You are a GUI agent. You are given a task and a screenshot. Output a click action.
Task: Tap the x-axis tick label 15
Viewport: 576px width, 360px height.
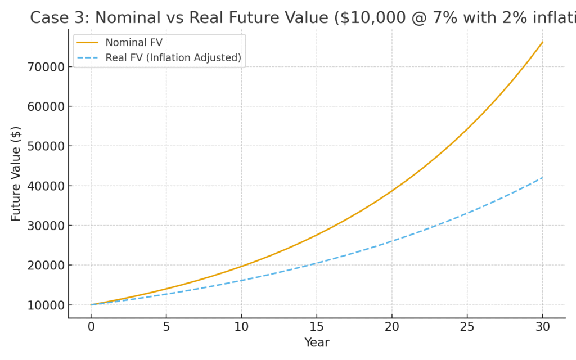[317, 326]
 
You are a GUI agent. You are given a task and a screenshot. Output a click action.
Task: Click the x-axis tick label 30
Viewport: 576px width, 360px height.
[542, 326]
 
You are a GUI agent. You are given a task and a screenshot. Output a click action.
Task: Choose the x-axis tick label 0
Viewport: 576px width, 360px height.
[91, 326]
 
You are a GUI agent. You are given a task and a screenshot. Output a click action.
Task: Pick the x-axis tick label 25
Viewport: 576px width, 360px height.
[467, 326]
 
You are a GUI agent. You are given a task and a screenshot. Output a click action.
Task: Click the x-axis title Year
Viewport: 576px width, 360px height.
[317, 343]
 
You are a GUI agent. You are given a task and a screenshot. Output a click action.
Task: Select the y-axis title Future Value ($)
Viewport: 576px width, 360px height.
[16, 173]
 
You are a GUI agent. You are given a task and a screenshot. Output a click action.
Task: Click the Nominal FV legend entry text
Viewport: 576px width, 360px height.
[129, 43]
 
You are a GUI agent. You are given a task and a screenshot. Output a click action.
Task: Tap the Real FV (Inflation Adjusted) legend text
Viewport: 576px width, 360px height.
[173, 57]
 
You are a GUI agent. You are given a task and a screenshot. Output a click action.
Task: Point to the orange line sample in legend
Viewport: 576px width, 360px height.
[87, 43]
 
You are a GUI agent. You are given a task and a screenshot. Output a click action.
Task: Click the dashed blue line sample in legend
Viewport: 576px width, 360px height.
[87, 57]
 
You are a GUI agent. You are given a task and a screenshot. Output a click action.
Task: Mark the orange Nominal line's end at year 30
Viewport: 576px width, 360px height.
[542, 42]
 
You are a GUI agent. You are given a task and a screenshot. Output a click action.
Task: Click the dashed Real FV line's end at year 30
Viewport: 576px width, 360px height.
[542, 178]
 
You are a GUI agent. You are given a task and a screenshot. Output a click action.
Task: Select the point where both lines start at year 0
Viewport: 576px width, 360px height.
[91, 305]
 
